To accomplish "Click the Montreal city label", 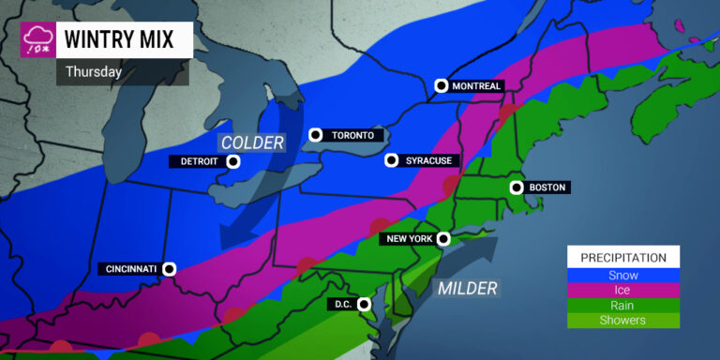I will tap(477, 86).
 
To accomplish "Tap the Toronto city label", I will tap(352, 135).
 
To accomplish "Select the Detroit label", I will tap(195, 161).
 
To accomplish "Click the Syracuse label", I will tap(429, 161).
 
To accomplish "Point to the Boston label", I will tap(547, 187).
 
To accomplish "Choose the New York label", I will tap(408, 239).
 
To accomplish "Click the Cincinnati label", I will tap(129, 269).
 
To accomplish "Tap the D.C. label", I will tap(342, 304).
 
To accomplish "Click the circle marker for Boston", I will tap(515, 187).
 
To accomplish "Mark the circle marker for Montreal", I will tap(442, 86).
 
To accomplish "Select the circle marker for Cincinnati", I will tap(170, 269).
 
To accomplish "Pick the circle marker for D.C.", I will tap(365, 304).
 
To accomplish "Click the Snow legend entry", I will tap(622, 276).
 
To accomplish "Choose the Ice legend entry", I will tap(622, 291).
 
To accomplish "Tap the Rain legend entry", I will tap(622, 306).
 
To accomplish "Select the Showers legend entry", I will tap(622, 321).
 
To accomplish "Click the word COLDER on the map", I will tap(251, 142).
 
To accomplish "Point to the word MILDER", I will tap(467, 288).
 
